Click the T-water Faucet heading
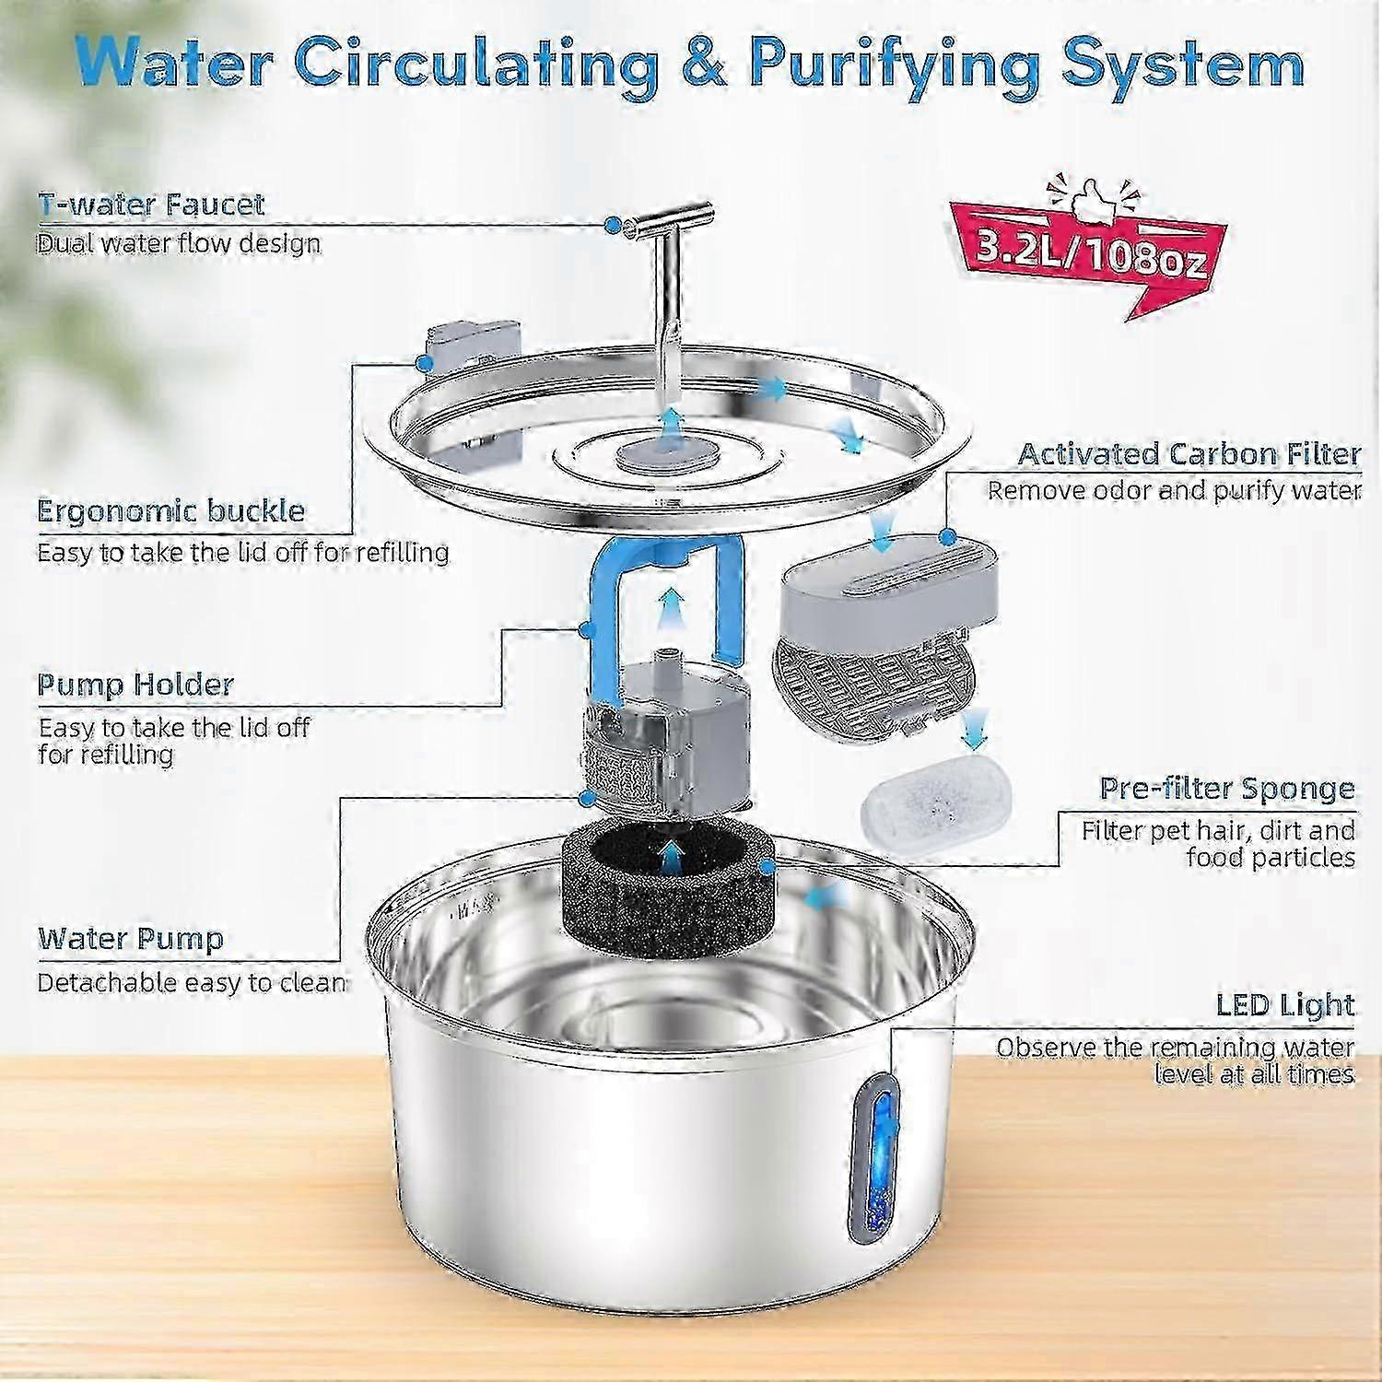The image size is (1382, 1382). (x=151, y=205)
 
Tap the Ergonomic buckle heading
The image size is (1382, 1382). (x=170, y=511)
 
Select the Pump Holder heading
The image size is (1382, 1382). (x=135, y=685)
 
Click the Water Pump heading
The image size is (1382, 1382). (x=131, y=939)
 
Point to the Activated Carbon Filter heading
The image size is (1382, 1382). (x=1189, y=454)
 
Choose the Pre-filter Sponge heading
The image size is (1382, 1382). (x=1227, y=789)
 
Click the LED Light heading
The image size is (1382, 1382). (x=1285, y=1005)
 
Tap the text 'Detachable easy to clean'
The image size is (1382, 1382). (x=192, y=983)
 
